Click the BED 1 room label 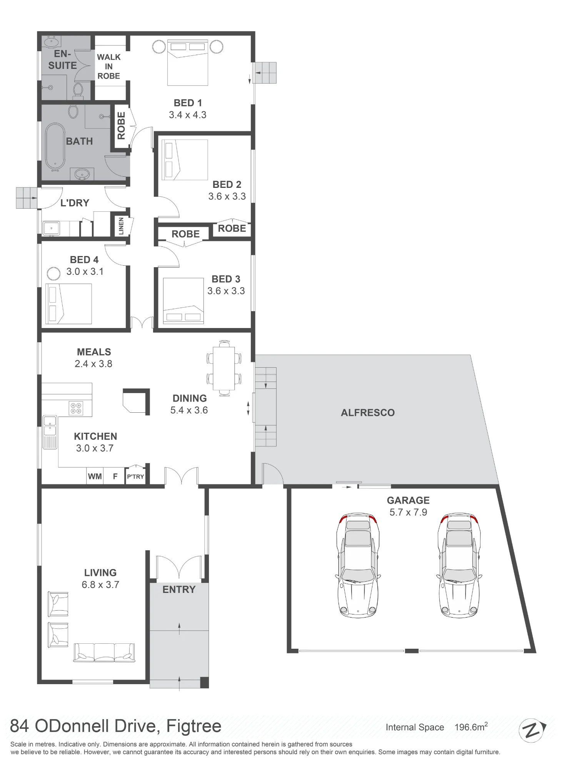188,103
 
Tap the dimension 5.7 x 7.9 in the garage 408,512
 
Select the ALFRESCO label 368,413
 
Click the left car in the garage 357,565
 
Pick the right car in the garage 459,565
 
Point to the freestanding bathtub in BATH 55,147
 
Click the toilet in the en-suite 78,91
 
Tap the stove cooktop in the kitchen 76,408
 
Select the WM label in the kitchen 95,476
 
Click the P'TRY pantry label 135,477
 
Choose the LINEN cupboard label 121,226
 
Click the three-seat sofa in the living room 104,652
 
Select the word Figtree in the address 193,726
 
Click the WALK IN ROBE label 109,67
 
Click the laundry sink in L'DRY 51,228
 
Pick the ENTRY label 179,589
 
